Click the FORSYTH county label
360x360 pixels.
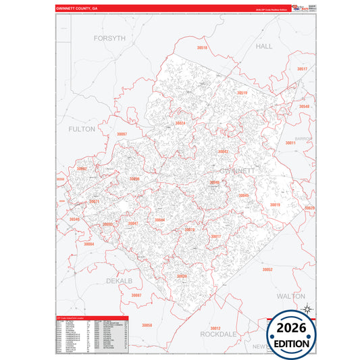coord(109,38)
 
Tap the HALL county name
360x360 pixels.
coord(264,46)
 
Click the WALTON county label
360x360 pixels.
coord(291,297)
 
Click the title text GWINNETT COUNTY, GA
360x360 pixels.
coord(76,8)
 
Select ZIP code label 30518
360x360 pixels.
coord(203,49)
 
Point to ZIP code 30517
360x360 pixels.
coord(302,70)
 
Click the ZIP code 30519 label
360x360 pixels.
coord(242,93)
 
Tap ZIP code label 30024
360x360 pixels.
coord(180,123)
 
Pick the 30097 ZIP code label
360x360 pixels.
coord(122,134)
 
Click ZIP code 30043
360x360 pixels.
coord(223,152)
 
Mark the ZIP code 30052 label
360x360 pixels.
coord(267,269)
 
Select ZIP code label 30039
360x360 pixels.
coord(182,276)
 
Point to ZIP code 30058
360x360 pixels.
coord(147,325)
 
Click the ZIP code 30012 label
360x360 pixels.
coord(215,309)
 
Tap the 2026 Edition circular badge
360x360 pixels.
coord(292,335)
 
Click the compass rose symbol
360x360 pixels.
coord(308,309)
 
